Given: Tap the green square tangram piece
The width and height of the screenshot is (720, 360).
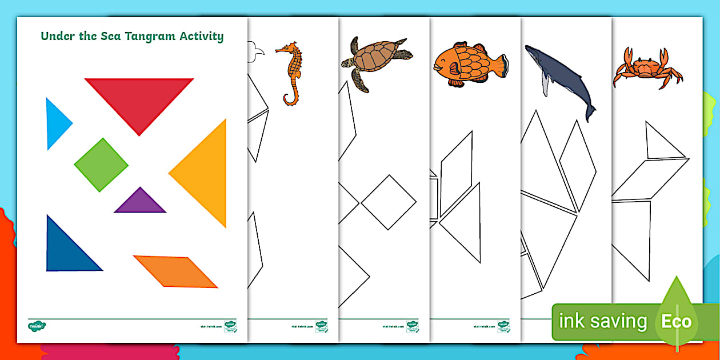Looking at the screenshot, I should tap(101, 165).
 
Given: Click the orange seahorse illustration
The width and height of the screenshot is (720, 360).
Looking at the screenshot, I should tap(291, 71).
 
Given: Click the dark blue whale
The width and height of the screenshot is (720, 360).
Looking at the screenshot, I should tap(557, 74).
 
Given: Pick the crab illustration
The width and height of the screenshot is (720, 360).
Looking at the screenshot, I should tap(648, 69).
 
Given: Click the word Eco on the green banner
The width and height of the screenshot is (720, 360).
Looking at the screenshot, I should tap(676, 322).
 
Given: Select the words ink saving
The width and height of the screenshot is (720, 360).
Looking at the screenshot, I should tap(602, 322).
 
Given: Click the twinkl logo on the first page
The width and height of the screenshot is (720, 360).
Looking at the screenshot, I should tap(37, 326).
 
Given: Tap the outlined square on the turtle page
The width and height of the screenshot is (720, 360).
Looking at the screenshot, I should tap(389, 202).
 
